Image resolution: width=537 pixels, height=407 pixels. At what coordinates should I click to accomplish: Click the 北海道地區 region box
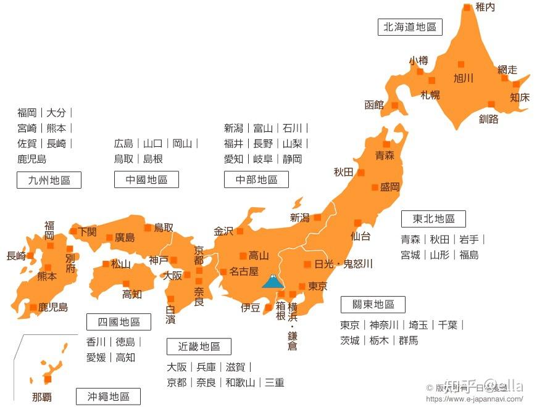tap(409, 27)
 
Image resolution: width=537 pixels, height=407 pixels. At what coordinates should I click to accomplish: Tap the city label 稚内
tap(485, 7)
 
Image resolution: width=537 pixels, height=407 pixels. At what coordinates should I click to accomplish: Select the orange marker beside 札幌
tap(431, 80)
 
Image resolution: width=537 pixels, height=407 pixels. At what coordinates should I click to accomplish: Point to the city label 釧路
tap(488, 119)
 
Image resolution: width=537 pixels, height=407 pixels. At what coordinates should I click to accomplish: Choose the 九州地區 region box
tap(49, 180)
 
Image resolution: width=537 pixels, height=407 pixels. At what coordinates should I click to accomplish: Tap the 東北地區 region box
tap(433, 219)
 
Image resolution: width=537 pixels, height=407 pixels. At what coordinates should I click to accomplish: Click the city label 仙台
tap(360, 236)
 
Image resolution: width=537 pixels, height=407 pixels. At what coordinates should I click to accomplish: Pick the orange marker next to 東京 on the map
tap(302, 286)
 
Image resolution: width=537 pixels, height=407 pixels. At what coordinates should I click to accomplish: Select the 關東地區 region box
tap(373, 305)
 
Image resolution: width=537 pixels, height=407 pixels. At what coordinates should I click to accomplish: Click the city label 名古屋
tap(244, 271)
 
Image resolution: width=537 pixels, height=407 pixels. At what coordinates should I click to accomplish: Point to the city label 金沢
tap(223, 231)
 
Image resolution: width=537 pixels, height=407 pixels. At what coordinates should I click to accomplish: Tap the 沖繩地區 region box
tap(108, 397)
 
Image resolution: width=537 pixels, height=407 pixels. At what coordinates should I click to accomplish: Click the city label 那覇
tap(43, 397)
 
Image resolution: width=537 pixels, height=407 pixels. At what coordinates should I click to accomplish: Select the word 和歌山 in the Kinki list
tap(240, 382)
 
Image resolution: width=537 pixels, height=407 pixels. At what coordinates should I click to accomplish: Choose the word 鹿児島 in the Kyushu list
tap(32, 159)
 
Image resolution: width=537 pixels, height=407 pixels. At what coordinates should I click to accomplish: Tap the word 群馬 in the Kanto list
tap(408, 340)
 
